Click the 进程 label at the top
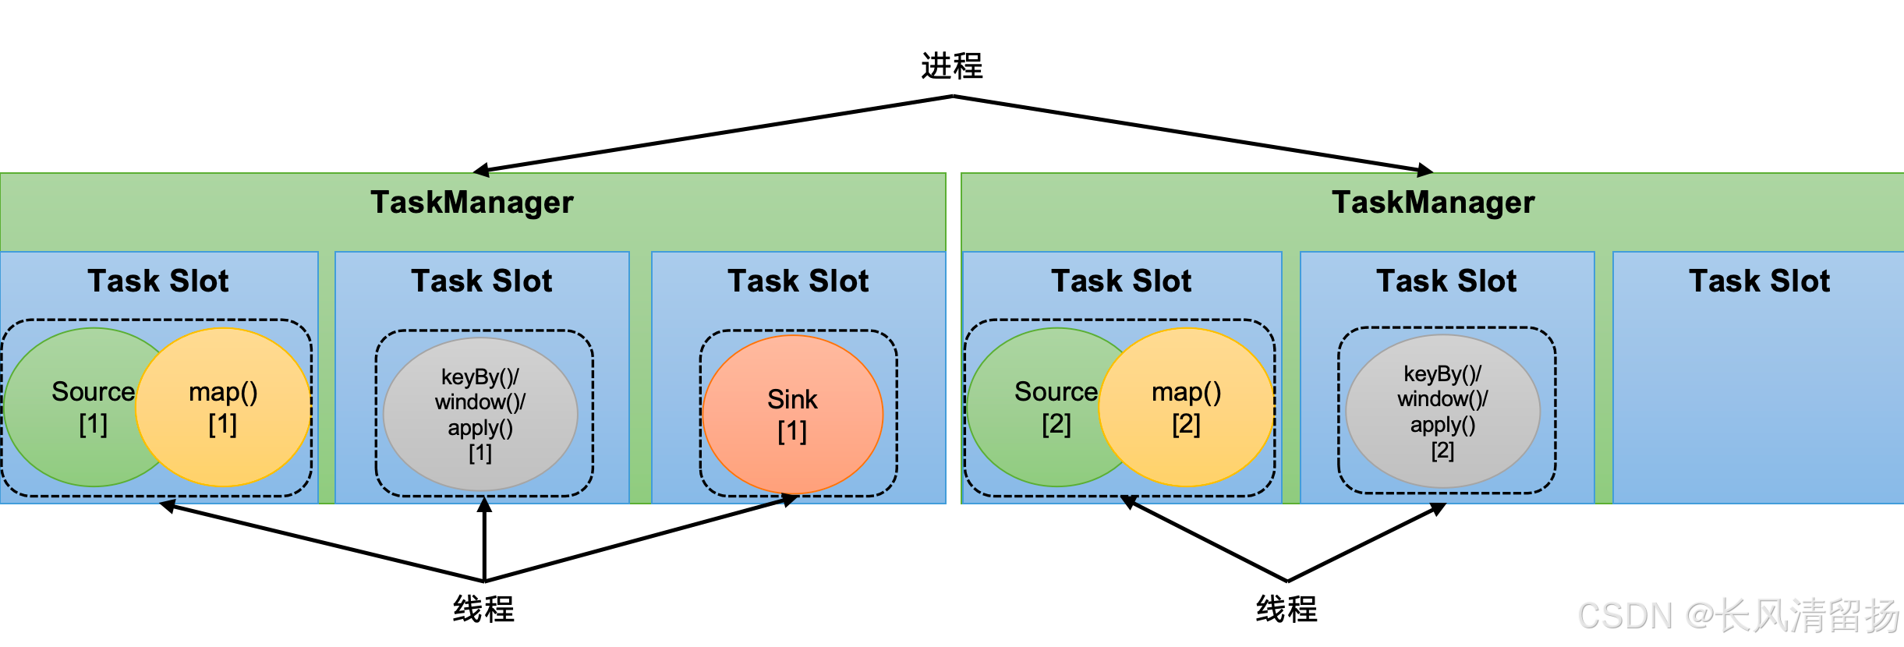[951, 66]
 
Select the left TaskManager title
[472, 203]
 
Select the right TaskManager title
[1433, 203]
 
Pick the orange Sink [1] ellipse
[792, 415]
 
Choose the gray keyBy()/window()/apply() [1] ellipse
[480, 414]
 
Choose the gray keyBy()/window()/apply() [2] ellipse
[1442, 412]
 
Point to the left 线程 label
[483, 609]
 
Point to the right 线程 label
[1286, 609]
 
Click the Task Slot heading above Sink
[798, 281]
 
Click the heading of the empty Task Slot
[1759, 281]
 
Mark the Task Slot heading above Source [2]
[1121, 281]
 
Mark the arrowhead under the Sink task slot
[789, 500]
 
